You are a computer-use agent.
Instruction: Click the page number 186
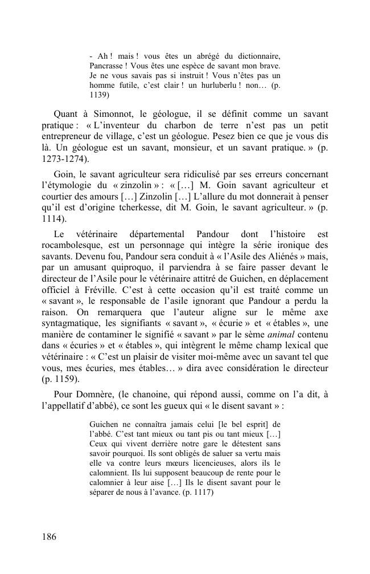pyautogui.click(x=49, y=537)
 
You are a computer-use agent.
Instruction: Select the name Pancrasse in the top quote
pyautogui.click(x=107, y=66)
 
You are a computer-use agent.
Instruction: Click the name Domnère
pyautogui.click(x=94, y=394)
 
